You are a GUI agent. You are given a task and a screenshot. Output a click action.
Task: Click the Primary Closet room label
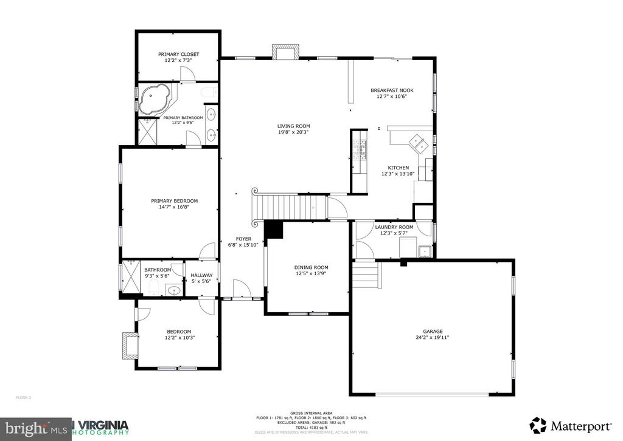178,54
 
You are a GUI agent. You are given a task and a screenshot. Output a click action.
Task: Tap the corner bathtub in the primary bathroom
154,100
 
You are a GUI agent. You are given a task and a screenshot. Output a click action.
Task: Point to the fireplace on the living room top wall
285,52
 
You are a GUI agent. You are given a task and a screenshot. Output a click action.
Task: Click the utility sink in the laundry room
423,250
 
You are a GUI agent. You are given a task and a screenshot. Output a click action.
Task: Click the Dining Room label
311,267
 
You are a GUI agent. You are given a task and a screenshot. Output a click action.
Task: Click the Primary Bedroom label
175,201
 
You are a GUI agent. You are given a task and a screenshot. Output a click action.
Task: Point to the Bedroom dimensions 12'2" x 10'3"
179,338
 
